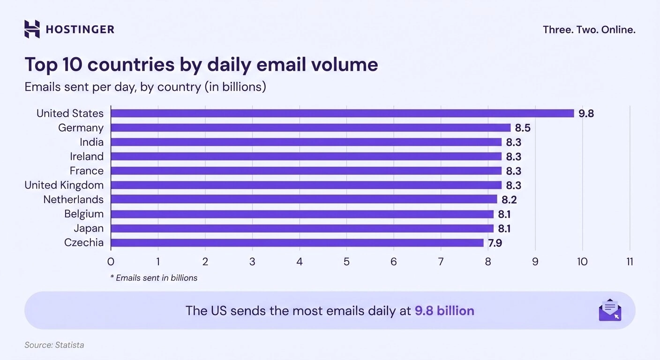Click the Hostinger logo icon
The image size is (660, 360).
click(x=32, y=29)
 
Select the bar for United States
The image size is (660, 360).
click(x=342, y=113)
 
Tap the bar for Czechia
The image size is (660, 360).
click(x=297, y=243)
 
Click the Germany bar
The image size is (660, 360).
click(x=310, y=128)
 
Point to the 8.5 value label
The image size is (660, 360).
click(x=523, y=128)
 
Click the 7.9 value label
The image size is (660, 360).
click(x=495, y=243)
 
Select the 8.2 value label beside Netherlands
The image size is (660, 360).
click(x=509, y=200)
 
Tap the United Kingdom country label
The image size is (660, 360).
click(x=64, y=185)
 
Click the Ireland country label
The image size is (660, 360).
click(x=87, y=157)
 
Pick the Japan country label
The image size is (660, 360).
click(x=89, y=228)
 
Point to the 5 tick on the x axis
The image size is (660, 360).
click(x=346, y=262)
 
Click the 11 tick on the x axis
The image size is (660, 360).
click(x=629, y=262)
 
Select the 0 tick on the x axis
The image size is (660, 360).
click(x=111, y=262)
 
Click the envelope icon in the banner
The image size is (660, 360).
click(x=610, y=310)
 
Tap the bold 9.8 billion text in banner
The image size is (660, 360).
click(x=444, y=311)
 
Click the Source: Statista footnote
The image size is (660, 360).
click(x=54, y=345)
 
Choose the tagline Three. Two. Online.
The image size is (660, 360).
click(x=589, y=30)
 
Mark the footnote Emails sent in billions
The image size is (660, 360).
click(x=154, y=278)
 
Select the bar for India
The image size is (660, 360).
click(x=306, y=142)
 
